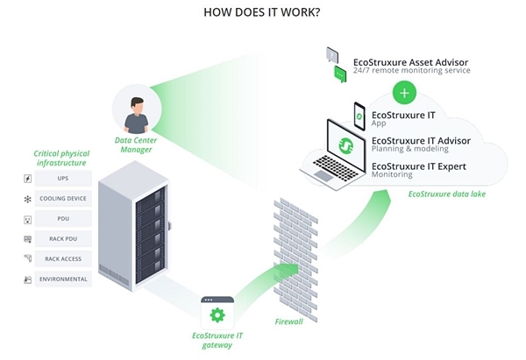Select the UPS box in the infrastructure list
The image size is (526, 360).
[x=64, y=179]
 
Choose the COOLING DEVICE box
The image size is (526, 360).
[x=64, y=199]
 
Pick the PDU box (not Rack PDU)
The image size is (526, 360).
[x=64, y=219]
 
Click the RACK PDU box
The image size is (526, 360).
[x=64, y=239]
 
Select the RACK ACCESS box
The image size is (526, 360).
[x=64, y=259]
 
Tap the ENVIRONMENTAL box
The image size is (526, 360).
[x=64, y=279]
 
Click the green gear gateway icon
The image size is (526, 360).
[x=217, y=314]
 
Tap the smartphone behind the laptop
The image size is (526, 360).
[x=359, y=115]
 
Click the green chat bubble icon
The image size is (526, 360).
[x=340, y=74]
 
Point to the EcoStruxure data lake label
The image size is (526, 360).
[x=446, y=194]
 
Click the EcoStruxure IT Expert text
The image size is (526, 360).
[x=418, y=166]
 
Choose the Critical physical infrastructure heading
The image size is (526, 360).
[x=60, y=159]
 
